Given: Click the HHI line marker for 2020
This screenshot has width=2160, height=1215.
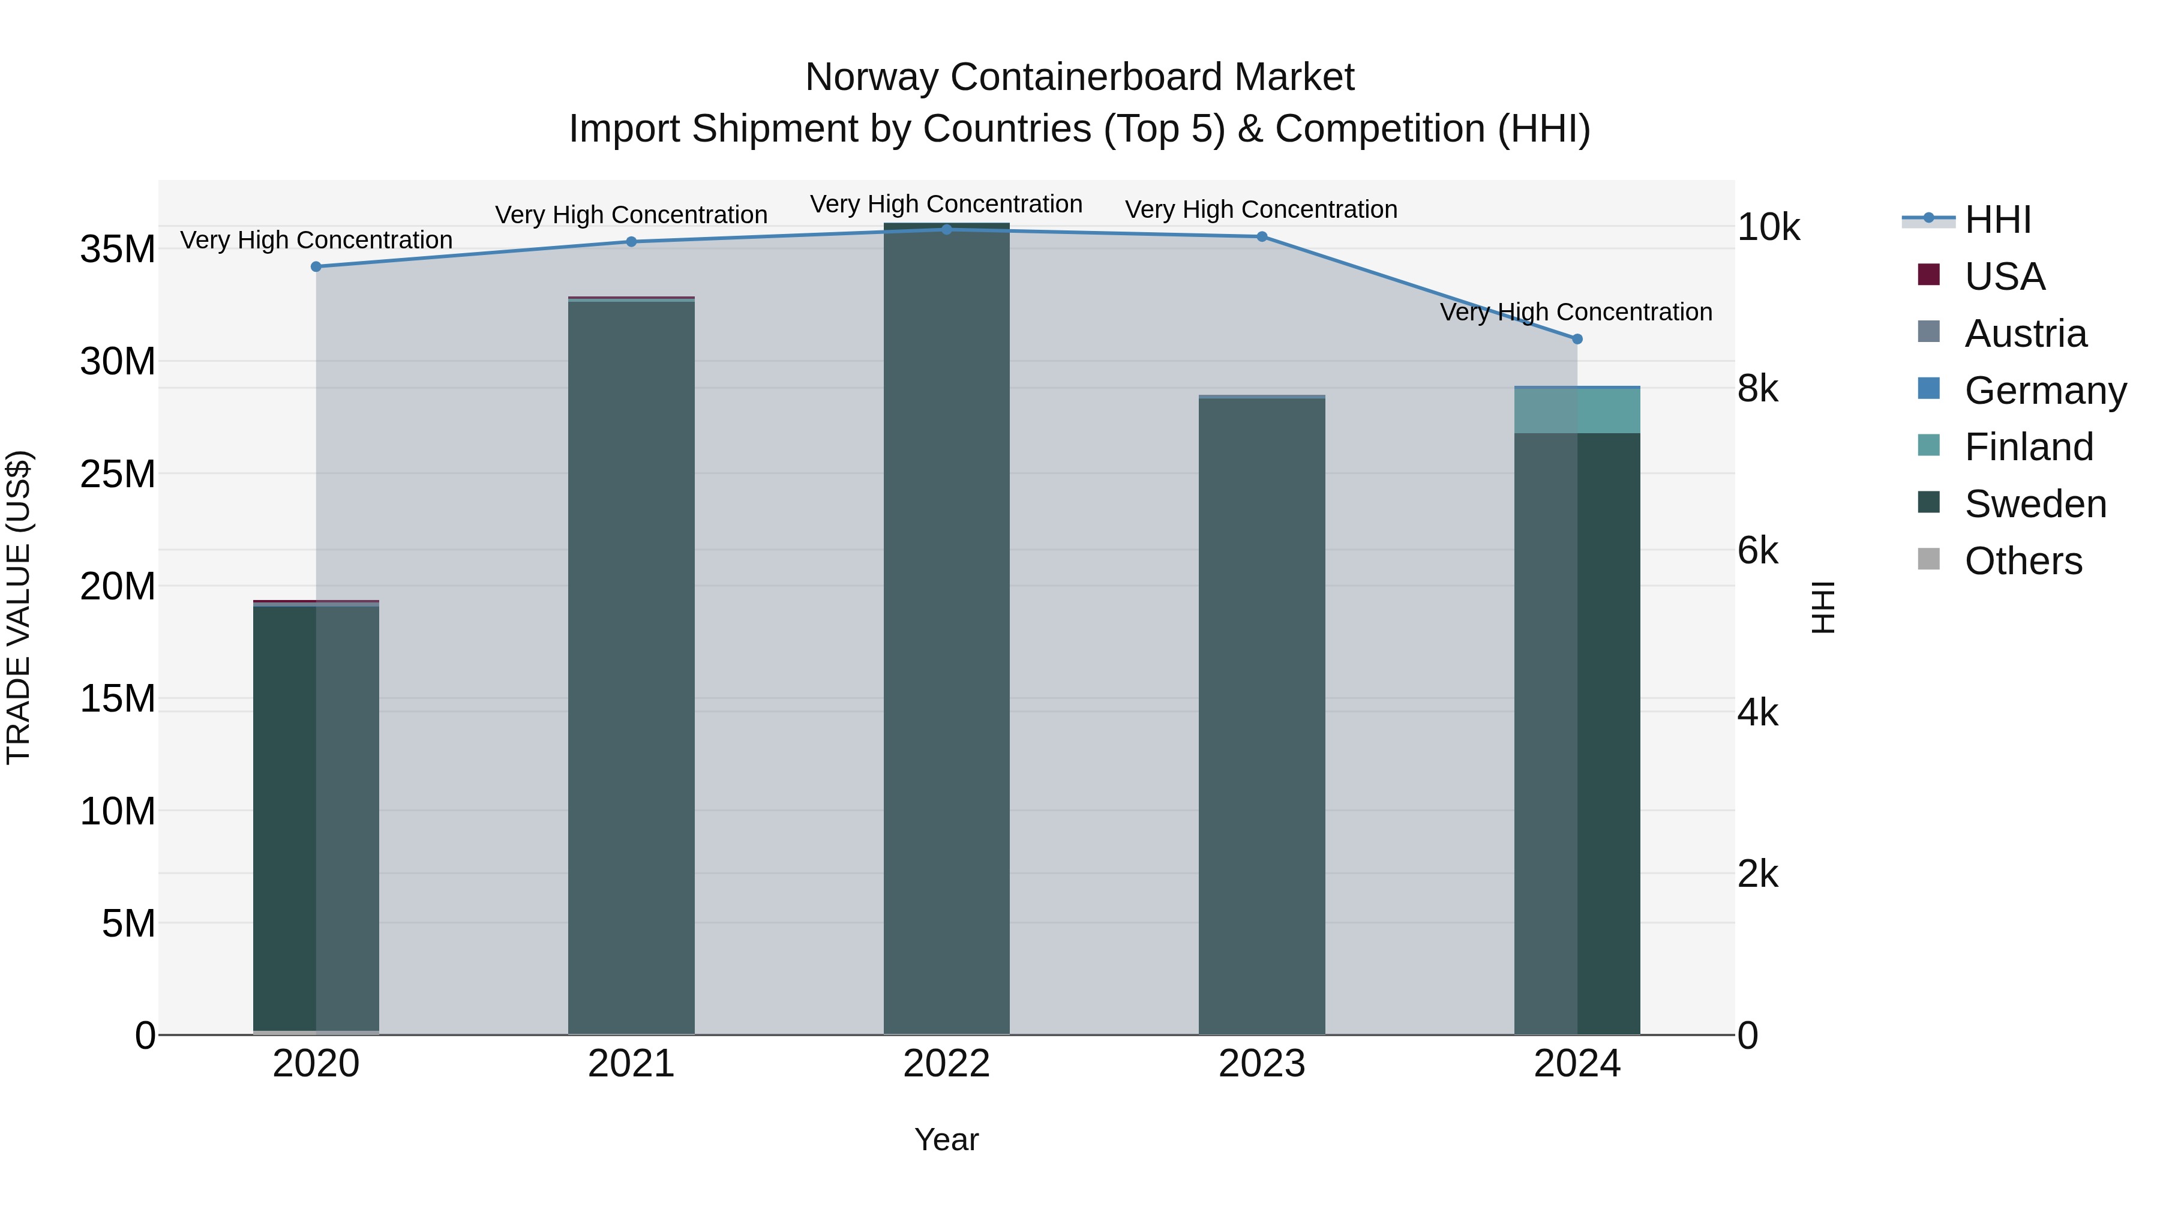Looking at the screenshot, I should tap(316, 266).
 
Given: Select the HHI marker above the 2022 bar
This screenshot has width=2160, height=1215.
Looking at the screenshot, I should tap(947, 229).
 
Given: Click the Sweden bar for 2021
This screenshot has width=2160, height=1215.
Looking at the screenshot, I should tap(631, 671).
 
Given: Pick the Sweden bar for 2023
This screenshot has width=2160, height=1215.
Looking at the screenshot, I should tap(1261, 713).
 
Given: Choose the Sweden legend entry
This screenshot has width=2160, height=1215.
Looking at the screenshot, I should tap(2035, 504).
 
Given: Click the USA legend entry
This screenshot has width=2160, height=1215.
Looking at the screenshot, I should tap(2004, 277).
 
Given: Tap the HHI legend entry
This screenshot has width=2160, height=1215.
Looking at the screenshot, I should tap(1997, 220).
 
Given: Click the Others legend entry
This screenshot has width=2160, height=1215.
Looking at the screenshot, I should tap(2023, 561).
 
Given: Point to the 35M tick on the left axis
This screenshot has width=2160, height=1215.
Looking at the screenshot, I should tap(118, 249).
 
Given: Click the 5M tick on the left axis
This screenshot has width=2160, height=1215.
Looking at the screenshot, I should tap(128, 923).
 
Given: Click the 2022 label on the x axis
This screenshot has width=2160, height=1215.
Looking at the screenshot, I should tap(947, 1064).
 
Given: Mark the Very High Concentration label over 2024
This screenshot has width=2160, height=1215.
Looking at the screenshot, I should tap(1576, 312).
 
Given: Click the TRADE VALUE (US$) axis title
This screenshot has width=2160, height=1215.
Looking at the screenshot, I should tap(19, 607).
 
